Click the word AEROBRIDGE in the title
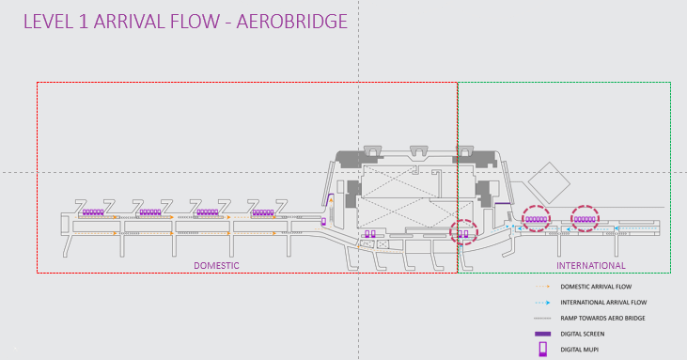[291, 22]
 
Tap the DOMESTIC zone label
[216, 266]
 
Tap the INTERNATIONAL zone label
[591, 266]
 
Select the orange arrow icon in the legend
[542, 287]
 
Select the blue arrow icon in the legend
[542, 303]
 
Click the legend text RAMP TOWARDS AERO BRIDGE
[602, 319]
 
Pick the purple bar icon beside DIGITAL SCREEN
[542, 334]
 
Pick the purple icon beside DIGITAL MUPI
[543, 349]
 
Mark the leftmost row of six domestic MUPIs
[93, 212]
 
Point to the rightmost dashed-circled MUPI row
[585, 219]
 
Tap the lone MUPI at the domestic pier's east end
[324, 222]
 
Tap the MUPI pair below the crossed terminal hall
[370, 234]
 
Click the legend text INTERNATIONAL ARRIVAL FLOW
[603, 303]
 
